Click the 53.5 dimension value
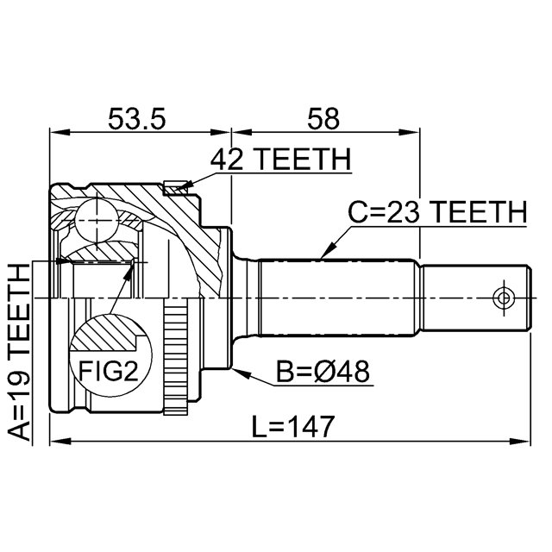tap(136, 118)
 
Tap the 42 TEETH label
tap(280, 160)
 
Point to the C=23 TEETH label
tap(436, 211)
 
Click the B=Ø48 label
tap(323, 372)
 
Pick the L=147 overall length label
tap(293, 425)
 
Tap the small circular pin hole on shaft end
tap(503, 298)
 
